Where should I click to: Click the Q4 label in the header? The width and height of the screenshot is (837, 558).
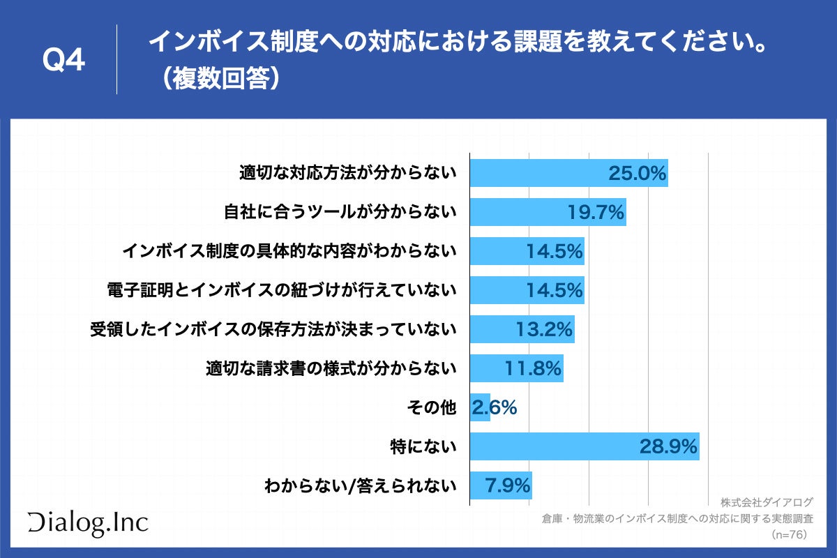(63, 61)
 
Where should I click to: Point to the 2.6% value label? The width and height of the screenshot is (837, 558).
(494, 407)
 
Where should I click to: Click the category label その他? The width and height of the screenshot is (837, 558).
(431, 407)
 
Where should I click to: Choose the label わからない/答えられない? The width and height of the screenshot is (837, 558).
(360, 485)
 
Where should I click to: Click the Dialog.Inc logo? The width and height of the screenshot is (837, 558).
(88, 522)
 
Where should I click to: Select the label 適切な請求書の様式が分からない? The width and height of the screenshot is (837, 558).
(331, 368)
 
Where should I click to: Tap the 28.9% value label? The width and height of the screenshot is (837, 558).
(668, 446)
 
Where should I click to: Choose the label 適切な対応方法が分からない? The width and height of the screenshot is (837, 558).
(347, 173)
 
